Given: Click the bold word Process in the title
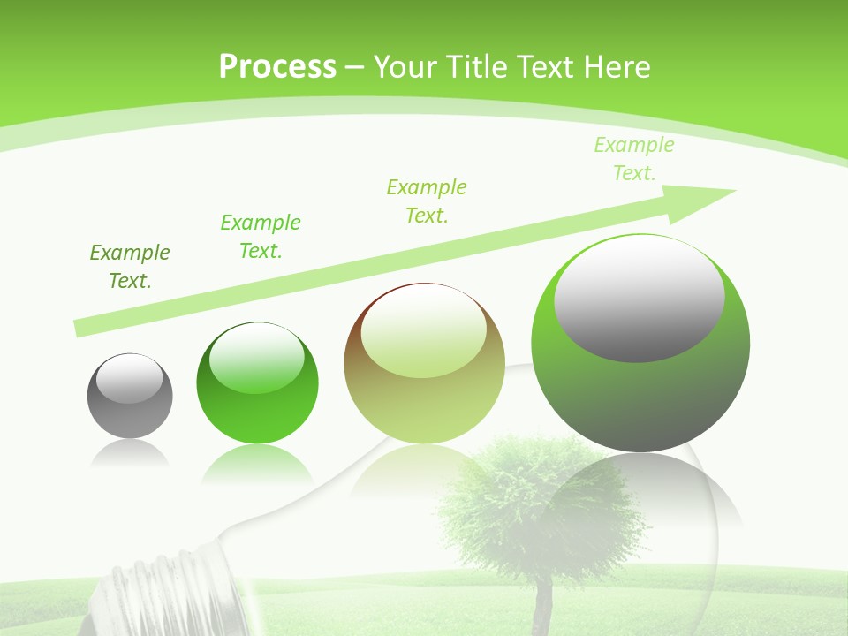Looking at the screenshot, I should click(277, 66).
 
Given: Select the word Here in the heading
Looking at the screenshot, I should click(617, 66).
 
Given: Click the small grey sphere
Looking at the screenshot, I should click(130, 396).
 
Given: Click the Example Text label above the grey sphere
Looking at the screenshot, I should click(130, 267).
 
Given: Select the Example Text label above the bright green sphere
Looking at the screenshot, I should click(261, 236).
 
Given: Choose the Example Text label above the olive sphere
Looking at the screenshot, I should click(427, 201).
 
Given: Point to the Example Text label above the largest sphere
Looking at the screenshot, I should click(634, 159).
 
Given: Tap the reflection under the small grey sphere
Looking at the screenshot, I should click(130, 452).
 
